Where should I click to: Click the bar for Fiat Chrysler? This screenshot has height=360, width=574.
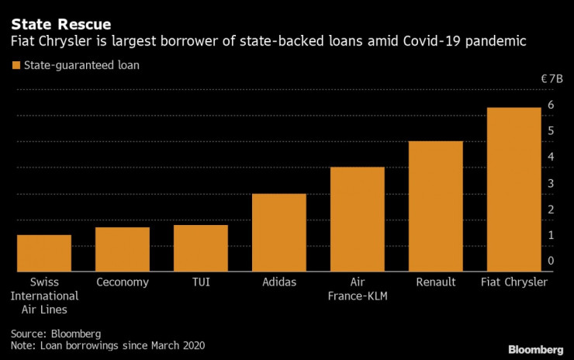(x=513, y=189)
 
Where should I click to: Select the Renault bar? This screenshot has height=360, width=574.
(x=435, y=206)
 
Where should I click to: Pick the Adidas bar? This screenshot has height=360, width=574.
(x=279, y=232)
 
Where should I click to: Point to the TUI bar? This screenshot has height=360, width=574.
(x=200, y=247)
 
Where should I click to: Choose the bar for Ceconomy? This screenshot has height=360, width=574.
(x=122, y=249)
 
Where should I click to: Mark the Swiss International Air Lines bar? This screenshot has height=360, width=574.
(x=44, y=253)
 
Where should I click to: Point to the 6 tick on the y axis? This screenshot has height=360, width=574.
(x=551, y=105)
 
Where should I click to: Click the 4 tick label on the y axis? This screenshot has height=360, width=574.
(x=551, y=157)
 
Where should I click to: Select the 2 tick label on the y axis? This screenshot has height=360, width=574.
(x=551, y=209)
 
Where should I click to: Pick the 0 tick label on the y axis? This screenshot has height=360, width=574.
(x=551, y=261)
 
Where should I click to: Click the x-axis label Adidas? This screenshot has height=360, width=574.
(x=279, y=282)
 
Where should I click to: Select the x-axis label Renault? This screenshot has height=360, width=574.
(x=435, y=282)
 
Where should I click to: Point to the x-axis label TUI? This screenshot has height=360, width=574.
(x=200, y=282)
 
